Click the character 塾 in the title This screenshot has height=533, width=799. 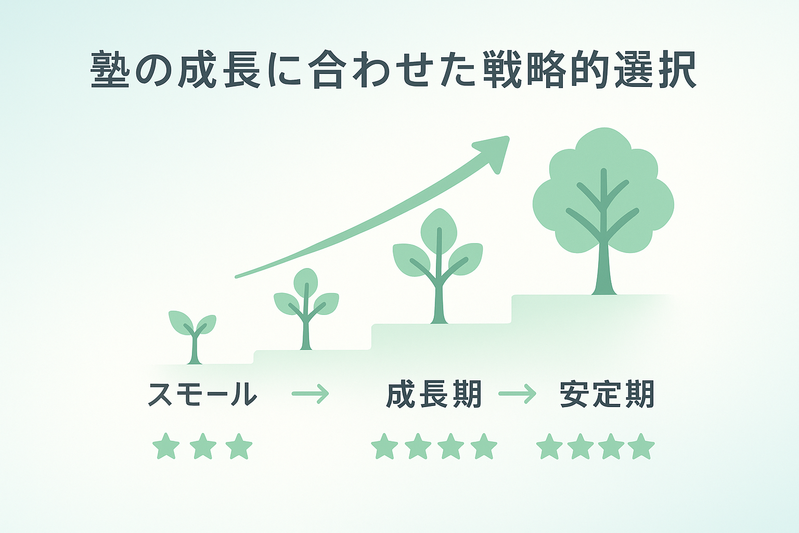coord(110,70)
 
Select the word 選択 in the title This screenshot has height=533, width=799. coord(655,70)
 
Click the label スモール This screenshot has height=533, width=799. coord(202,394)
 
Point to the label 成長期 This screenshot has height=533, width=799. coord(434,394)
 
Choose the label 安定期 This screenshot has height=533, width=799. coord(607,394)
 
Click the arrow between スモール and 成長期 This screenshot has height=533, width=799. coord(311,394)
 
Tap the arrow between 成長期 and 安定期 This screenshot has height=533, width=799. coord(517,394)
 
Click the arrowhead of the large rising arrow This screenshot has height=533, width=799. coord(494,151)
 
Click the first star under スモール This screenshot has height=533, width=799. coord(166,446)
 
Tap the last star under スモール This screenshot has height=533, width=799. coord(239,446)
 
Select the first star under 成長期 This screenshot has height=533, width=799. coord(384,446)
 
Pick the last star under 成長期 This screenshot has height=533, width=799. coord(484,446)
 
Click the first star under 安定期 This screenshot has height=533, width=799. coord(550,446)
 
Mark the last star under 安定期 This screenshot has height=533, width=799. coord(641,446)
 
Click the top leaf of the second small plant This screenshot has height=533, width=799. coord(306,283)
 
